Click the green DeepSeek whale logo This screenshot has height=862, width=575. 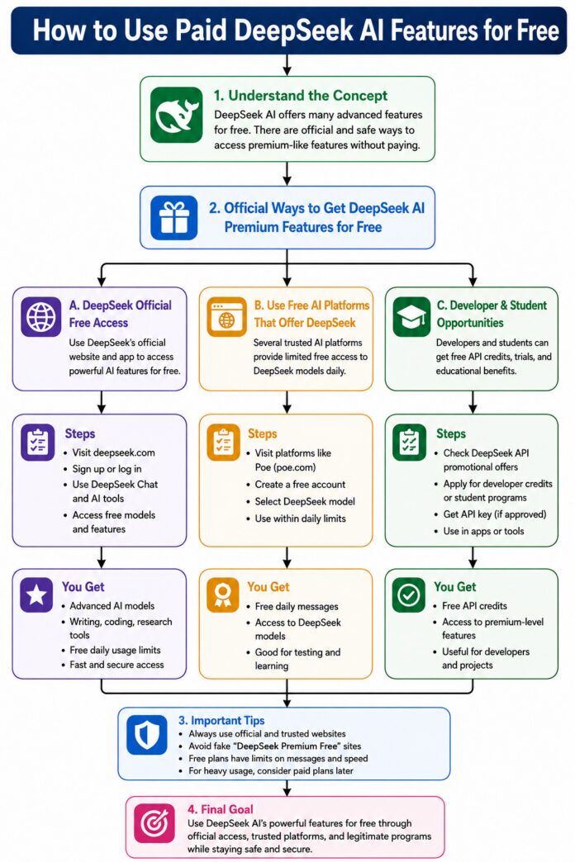coord(176,115)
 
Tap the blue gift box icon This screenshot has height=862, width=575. coord(173,217)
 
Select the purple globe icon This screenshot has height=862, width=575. coord(41,317)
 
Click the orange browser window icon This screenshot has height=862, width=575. coord(226,317)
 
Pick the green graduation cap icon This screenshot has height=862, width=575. coord(411,317)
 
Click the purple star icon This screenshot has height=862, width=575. coord(37,594)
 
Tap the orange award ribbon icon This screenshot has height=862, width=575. coord(222,594)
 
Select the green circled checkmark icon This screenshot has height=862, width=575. coord(409,594)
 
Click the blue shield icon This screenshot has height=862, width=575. coord(147,735)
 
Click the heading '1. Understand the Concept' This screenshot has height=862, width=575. coord(301,96)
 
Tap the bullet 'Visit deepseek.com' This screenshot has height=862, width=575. coord(114,453)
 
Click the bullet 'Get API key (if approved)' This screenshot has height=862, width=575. coord(495,514)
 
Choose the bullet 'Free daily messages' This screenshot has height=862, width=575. coord(297,606)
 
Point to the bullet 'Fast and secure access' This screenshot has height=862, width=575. coord(116,665)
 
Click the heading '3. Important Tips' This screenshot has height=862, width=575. coord(221,720)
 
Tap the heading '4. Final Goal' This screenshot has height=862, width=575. coord(220,809)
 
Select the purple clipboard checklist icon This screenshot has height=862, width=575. coord(38,442)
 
